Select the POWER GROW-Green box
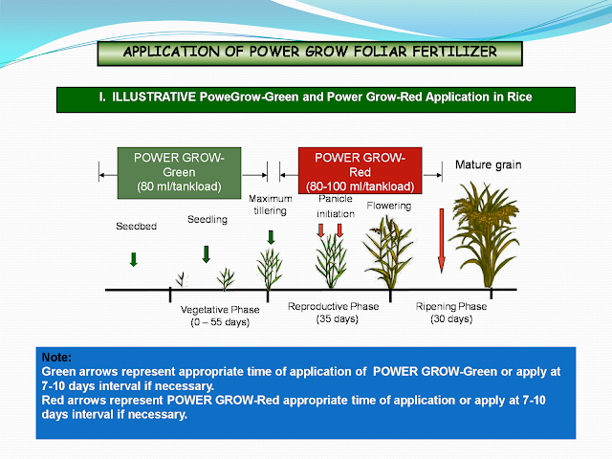pyautogui.click(x=181, y=171)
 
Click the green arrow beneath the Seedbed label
pyautogui.click(x=133, y=258)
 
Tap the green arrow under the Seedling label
pyautogui.click(x=206, y=253)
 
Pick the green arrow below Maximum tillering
pyautogui.click(x=271, y=236)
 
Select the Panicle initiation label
pyautogui.click(x=335, y=206)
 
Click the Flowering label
pyautogui.click(x=387, y=205)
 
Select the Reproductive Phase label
pyautogui.click(x=333, y=306)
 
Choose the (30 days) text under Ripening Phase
pyautogui.click(x=450, y=318)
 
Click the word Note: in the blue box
pyautogui.click(x=57, y=356)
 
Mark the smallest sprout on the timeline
pyautogui.click(x=181, y=279)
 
